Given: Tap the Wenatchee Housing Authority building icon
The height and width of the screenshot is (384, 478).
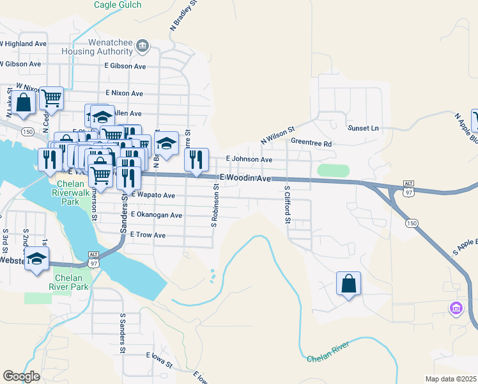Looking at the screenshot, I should (142, 45).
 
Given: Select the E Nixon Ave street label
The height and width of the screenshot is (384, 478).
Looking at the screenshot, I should (125, 93).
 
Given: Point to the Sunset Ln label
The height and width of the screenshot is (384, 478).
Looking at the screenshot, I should (363, 128).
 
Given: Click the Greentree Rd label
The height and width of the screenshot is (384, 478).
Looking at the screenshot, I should (311, 144).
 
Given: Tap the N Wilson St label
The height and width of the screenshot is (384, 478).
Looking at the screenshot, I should (276, 134).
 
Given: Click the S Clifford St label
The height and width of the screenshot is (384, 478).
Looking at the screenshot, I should (288, 205).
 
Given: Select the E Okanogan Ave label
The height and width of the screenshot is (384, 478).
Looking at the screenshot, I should (157, 215).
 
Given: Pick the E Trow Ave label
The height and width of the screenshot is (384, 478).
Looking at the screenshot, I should (148, 236).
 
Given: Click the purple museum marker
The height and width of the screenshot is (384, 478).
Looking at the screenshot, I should (456, 310).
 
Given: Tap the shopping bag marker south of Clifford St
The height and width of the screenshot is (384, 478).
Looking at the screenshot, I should (348, 283).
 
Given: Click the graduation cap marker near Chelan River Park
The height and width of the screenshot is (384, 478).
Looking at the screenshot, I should (36, 259).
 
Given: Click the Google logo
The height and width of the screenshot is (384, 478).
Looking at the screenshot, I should (21, 376).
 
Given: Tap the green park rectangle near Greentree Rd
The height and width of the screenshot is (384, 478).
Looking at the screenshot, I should (334, 171).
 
